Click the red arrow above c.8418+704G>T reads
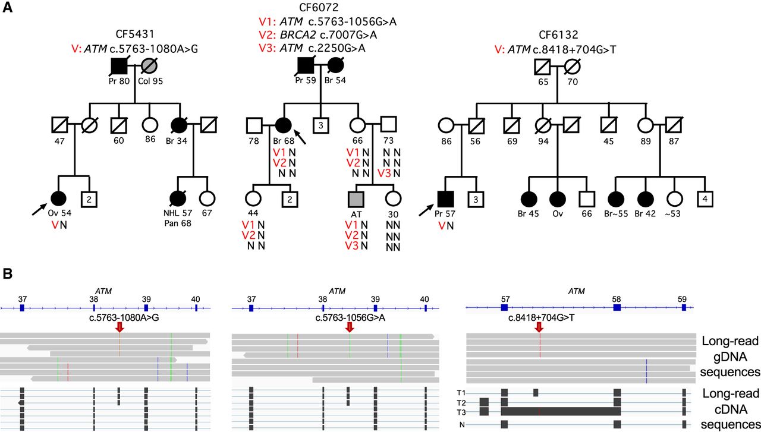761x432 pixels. point(539,327)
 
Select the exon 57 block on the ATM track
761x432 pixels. point(504,307)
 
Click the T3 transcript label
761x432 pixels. point(461,412)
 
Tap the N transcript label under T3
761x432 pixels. point(461,424)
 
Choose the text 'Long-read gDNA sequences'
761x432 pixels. point(729,357)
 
